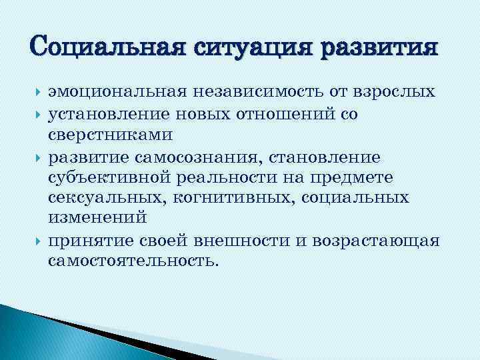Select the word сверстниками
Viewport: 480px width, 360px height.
click(x=109, y=135)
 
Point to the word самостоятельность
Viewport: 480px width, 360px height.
click(x=133, y=260)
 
